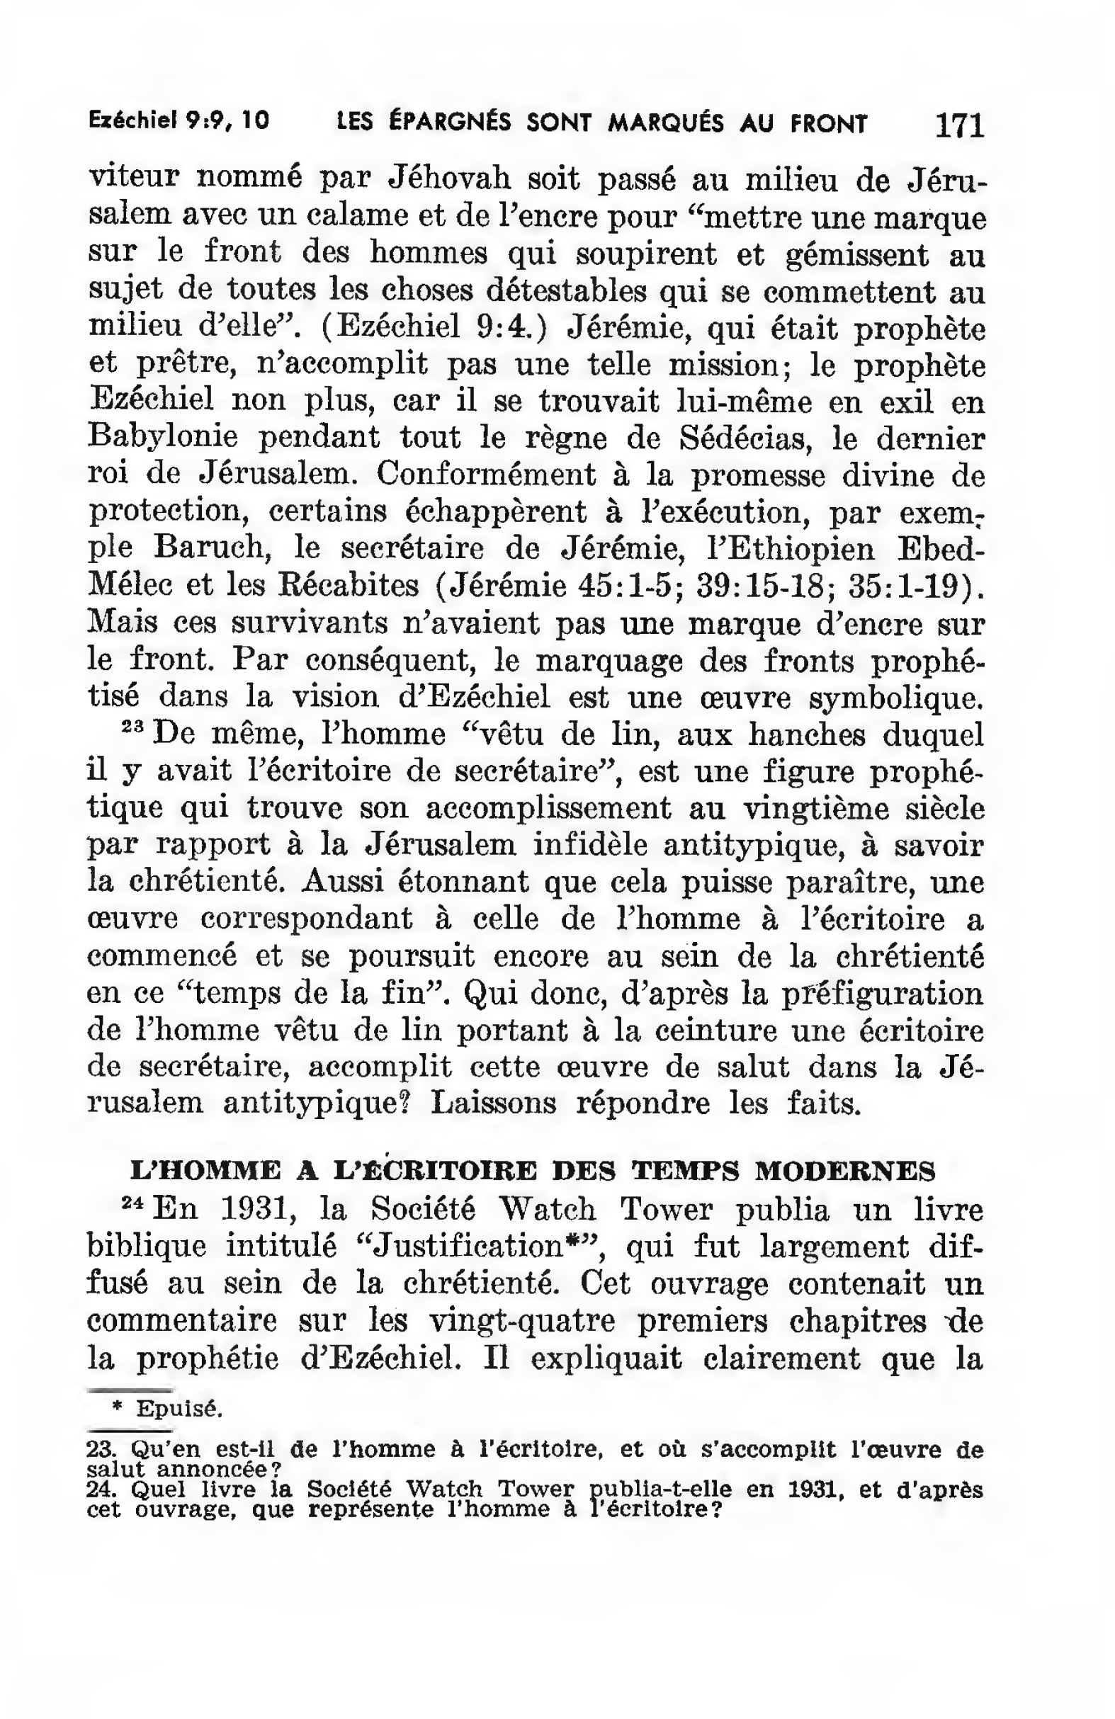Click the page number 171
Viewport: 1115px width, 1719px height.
[x=958, y=124]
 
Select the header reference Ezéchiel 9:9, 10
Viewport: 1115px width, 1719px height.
[x=179, y=120]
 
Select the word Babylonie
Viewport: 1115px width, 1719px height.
[x=162, y=437]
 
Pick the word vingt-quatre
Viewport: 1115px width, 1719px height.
[x=522, y=1321]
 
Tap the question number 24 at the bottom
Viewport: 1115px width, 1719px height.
[x=96, y=1489]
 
